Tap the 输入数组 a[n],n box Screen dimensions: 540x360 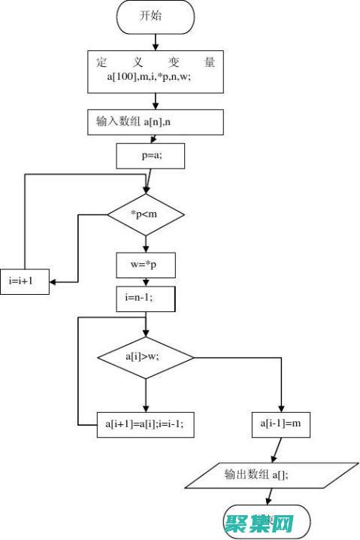coord(156,121)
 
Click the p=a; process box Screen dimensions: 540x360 coord(150,156)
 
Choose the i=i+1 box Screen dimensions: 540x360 coord(27,281)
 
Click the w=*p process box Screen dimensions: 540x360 coord(145,265)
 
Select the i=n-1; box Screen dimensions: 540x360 coord(145,298)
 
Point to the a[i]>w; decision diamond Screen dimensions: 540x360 coord(146,357)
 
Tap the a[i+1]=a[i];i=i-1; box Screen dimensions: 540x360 coord(146,423)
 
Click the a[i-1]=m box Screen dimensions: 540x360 coord(280,424)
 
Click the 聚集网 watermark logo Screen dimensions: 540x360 coord(266,521)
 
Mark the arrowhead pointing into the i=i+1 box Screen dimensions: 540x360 coord(56,281)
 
